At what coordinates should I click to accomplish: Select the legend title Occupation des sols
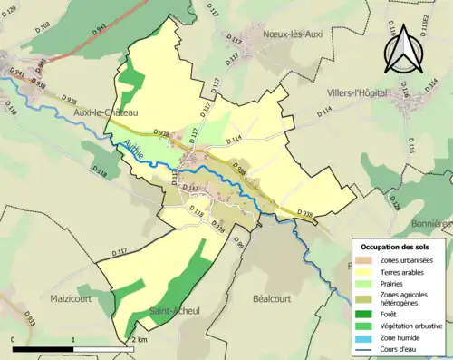401,247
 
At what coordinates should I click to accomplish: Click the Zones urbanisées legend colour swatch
367,261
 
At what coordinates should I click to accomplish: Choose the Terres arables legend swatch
367,271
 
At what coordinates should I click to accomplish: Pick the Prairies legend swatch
367,282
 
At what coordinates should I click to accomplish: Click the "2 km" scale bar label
138,340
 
